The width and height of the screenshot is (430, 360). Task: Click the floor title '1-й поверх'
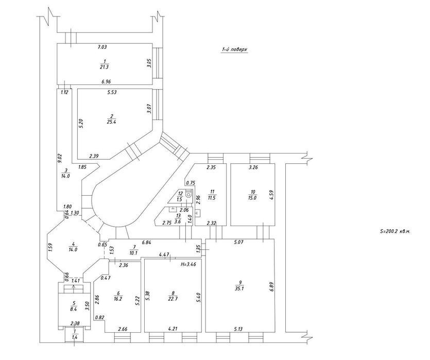(x=234, y=49)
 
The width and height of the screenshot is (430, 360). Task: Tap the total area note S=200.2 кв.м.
(x=395, y=231)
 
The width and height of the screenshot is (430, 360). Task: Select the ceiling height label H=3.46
(x=188, y=265)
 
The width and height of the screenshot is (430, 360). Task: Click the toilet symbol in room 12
(x=188, y=194)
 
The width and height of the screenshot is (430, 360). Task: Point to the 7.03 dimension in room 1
(x=102, y=47)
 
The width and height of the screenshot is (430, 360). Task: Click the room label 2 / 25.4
(x=111, y=119)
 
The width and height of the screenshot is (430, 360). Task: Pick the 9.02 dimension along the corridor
(x=60, y=159)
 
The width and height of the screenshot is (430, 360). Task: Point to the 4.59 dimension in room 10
(x=271, y=195)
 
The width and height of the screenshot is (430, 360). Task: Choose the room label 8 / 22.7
(x=173, y=296)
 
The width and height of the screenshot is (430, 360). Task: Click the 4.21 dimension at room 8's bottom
(x=173, y=329)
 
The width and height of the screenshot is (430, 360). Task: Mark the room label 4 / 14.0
(x=73, y=247)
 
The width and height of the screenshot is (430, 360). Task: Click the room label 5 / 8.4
(x=74, y=306)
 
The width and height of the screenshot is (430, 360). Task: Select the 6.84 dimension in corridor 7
(x=146, y=242)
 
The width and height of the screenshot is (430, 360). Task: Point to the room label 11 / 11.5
(x=212, y=195)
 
